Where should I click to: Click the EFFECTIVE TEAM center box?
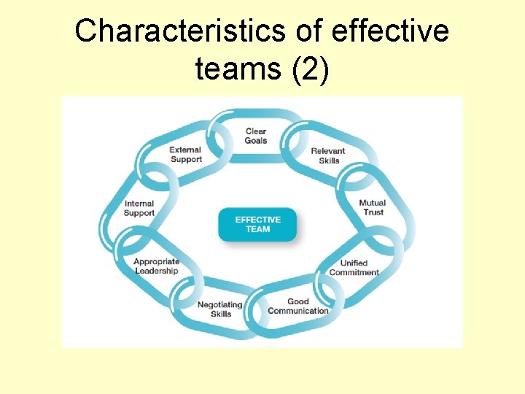click(257, 225)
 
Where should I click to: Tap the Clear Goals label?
click(256, 136)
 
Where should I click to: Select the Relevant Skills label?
click(328, 156)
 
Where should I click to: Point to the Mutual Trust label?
click(372, 208)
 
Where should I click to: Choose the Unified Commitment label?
click(354, 268)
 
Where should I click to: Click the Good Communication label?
click(298, 306)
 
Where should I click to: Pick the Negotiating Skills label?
click(220, 309)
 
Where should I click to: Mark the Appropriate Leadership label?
click(156, 266)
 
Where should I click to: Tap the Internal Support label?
click(139, 209)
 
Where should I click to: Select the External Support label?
click(186, 155)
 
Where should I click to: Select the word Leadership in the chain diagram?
click(156, 271)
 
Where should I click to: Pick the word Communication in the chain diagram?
click(298, 311)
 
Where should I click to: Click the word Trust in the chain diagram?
click(373, 213)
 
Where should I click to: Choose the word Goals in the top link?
click(256, 141)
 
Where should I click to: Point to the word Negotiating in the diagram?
click(220, 305)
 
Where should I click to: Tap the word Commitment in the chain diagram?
click(354, 273)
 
